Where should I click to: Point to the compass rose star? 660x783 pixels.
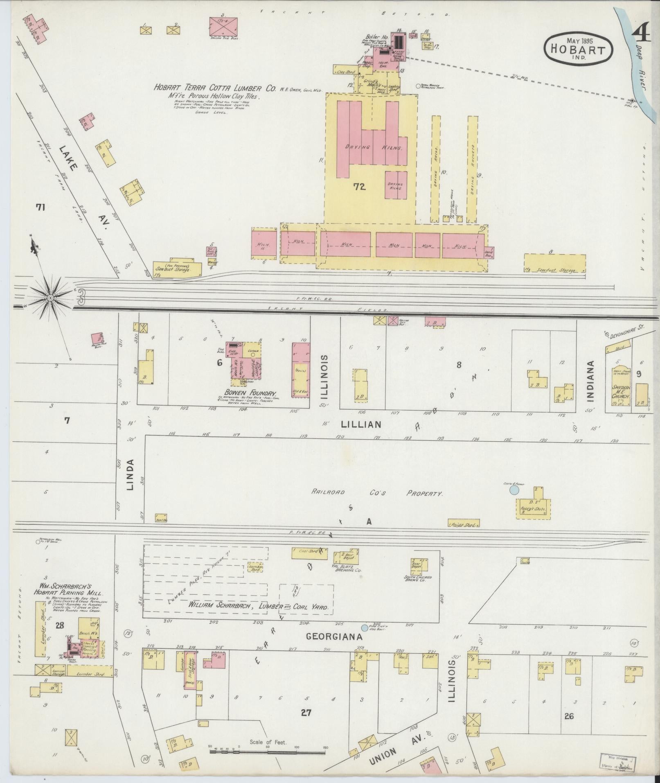50,297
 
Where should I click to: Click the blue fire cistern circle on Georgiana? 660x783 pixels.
364,639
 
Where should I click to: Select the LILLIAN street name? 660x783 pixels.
361,424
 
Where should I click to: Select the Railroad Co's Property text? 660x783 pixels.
376,493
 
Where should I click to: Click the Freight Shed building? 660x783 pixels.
463,523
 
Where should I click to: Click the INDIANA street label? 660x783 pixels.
590,374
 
